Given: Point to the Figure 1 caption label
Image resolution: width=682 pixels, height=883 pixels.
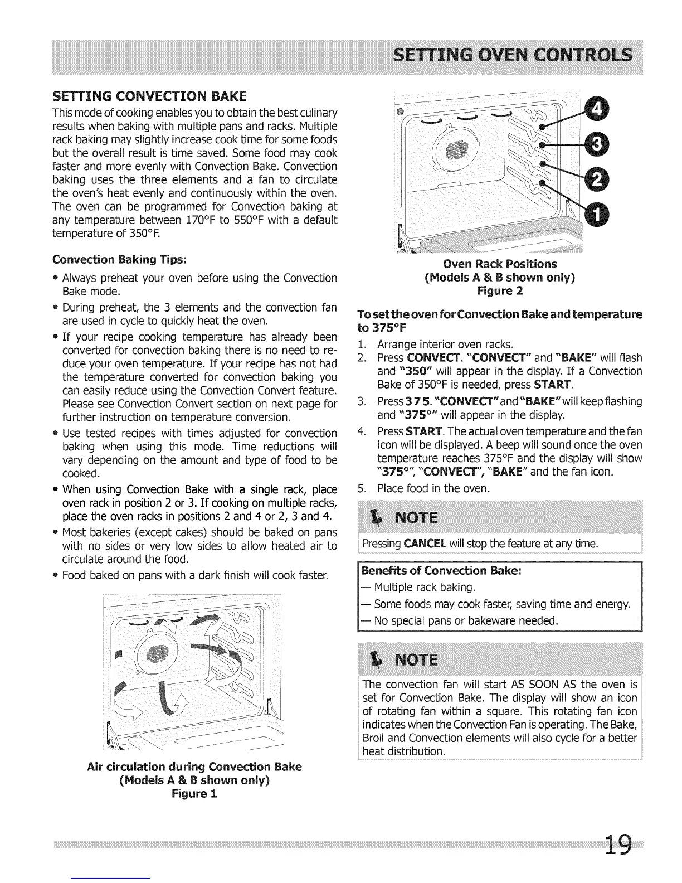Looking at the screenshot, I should click(x=194, y=793).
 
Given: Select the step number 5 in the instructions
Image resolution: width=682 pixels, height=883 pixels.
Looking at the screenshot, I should click(x=361, y=489).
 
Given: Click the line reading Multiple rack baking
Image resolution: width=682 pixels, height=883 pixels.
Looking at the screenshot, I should click(x=425, y=587).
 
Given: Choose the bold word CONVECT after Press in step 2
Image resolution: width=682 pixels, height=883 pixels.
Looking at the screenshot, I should click(x=432, y=358).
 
